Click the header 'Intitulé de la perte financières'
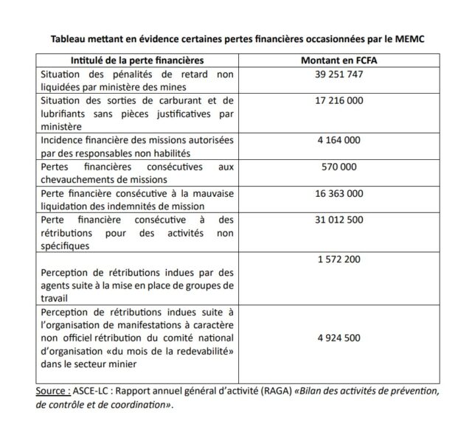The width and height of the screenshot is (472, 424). click(x=136, y=59)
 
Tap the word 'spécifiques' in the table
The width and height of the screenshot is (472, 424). click(x=66, y=246)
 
